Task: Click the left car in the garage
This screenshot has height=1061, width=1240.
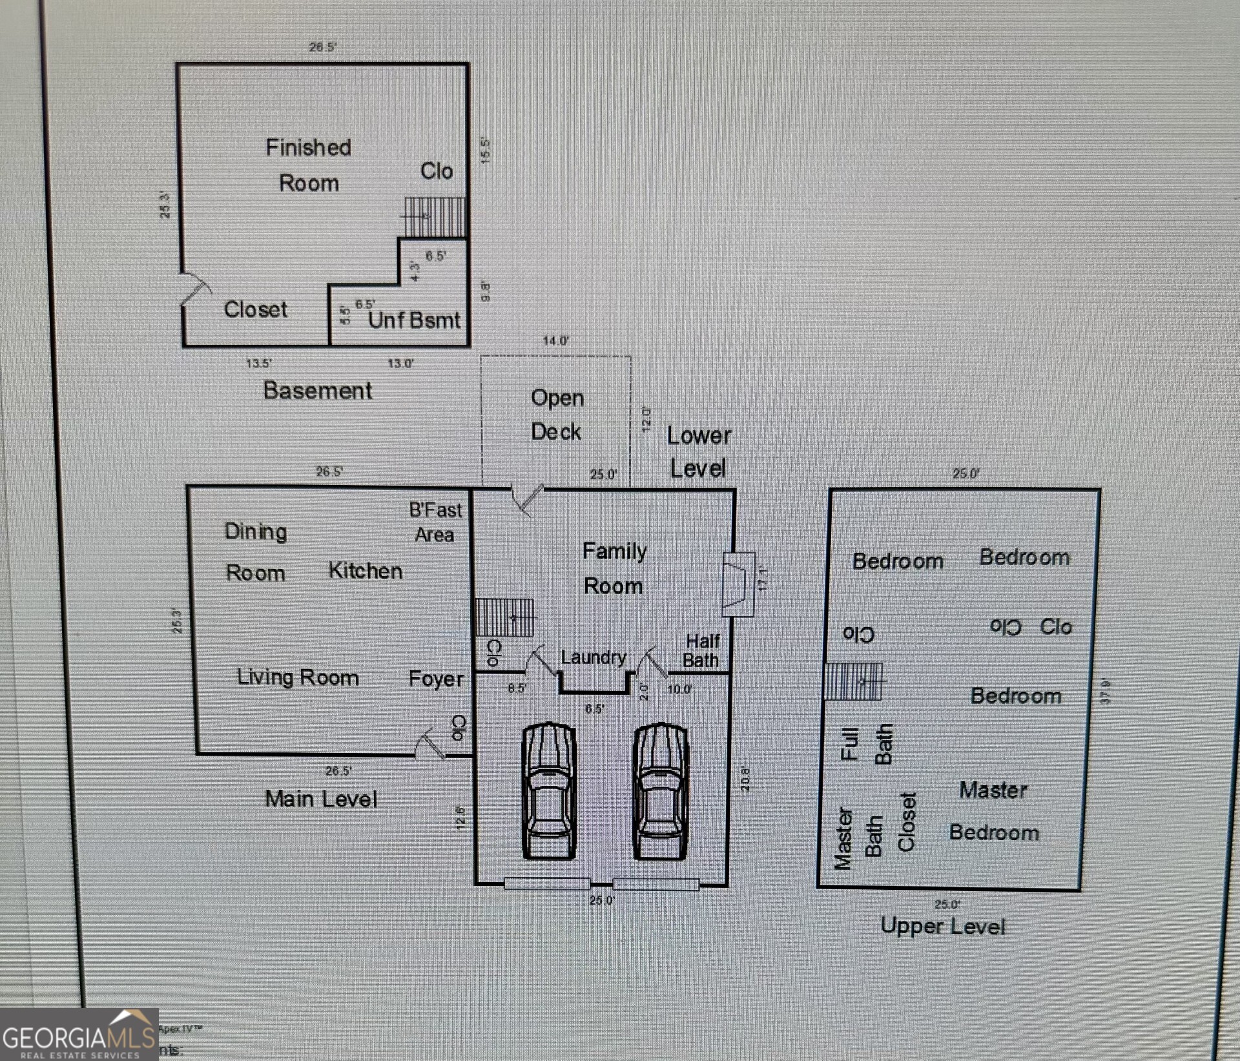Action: click(x=548, y=791)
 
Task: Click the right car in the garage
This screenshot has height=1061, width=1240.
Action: click(x=660, y=791)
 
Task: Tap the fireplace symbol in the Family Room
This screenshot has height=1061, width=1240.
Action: click(x=738, y=584)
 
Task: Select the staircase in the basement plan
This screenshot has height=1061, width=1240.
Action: click(x=434, y=216)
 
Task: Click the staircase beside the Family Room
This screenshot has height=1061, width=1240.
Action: click(x=505, y=617)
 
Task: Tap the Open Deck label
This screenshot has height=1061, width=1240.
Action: click(x=557, y=415)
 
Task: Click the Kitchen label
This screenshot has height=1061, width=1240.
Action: click(x=365, y=571)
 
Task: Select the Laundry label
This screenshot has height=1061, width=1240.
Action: click(x=594, y=657)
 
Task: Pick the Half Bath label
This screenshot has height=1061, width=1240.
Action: click(x=702, y=650)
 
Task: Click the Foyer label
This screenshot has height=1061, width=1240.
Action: click(x=436, y=679)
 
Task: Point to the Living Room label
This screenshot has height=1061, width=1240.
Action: click(x=298, y=677)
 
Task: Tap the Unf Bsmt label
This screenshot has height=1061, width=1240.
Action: click(x=414, y=320)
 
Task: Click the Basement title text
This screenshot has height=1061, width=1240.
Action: click(x=318, y=391)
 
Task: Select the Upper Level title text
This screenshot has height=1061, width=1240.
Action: click(x=943, y=926)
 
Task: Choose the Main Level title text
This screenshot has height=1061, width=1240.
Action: click(x=321, y=799)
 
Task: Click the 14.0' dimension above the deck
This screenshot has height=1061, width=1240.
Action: click(x=555, y=340)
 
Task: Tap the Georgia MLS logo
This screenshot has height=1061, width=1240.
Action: click(x=79, y=1035)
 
